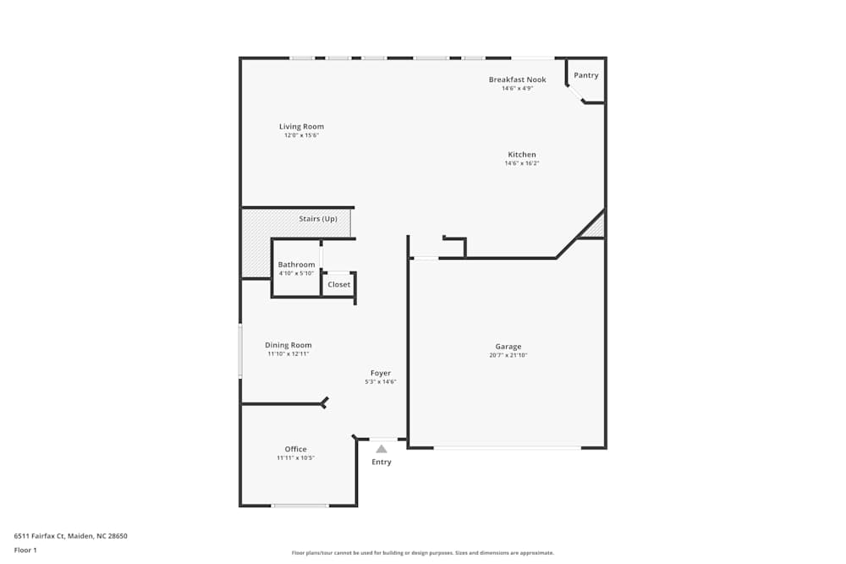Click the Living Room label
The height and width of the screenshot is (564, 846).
click(301, 127)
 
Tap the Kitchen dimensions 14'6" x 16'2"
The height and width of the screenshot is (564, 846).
click(522, 163)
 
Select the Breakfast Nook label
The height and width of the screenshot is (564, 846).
click(517, 79)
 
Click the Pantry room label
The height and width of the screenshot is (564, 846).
click(586, 75)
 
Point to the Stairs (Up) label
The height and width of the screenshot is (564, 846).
click(318, 219)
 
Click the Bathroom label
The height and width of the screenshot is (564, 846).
click(296, 265)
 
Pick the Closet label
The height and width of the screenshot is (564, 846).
click(338, 285)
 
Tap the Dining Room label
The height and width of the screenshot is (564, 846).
click(288, 345)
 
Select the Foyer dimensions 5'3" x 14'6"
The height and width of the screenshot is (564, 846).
click(381, 382)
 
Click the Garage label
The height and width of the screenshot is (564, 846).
click(508, 347)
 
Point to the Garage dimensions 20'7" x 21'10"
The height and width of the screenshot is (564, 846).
click(508, 355)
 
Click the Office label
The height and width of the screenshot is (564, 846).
click(295, 449)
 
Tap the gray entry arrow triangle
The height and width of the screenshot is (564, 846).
click(382, 449)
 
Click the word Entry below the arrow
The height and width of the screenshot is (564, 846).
click(382, 462)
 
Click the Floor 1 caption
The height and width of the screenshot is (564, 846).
click(25, 550)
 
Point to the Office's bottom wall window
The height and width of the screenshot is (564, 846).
click(299, 506)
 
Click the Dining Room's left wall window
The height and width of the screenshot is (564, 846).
click(240, 351)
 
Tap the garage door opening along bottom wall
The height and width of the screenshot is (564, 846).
click(508, 447)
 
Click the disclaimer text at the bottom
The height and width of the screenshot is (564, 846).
click(423, 553)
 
